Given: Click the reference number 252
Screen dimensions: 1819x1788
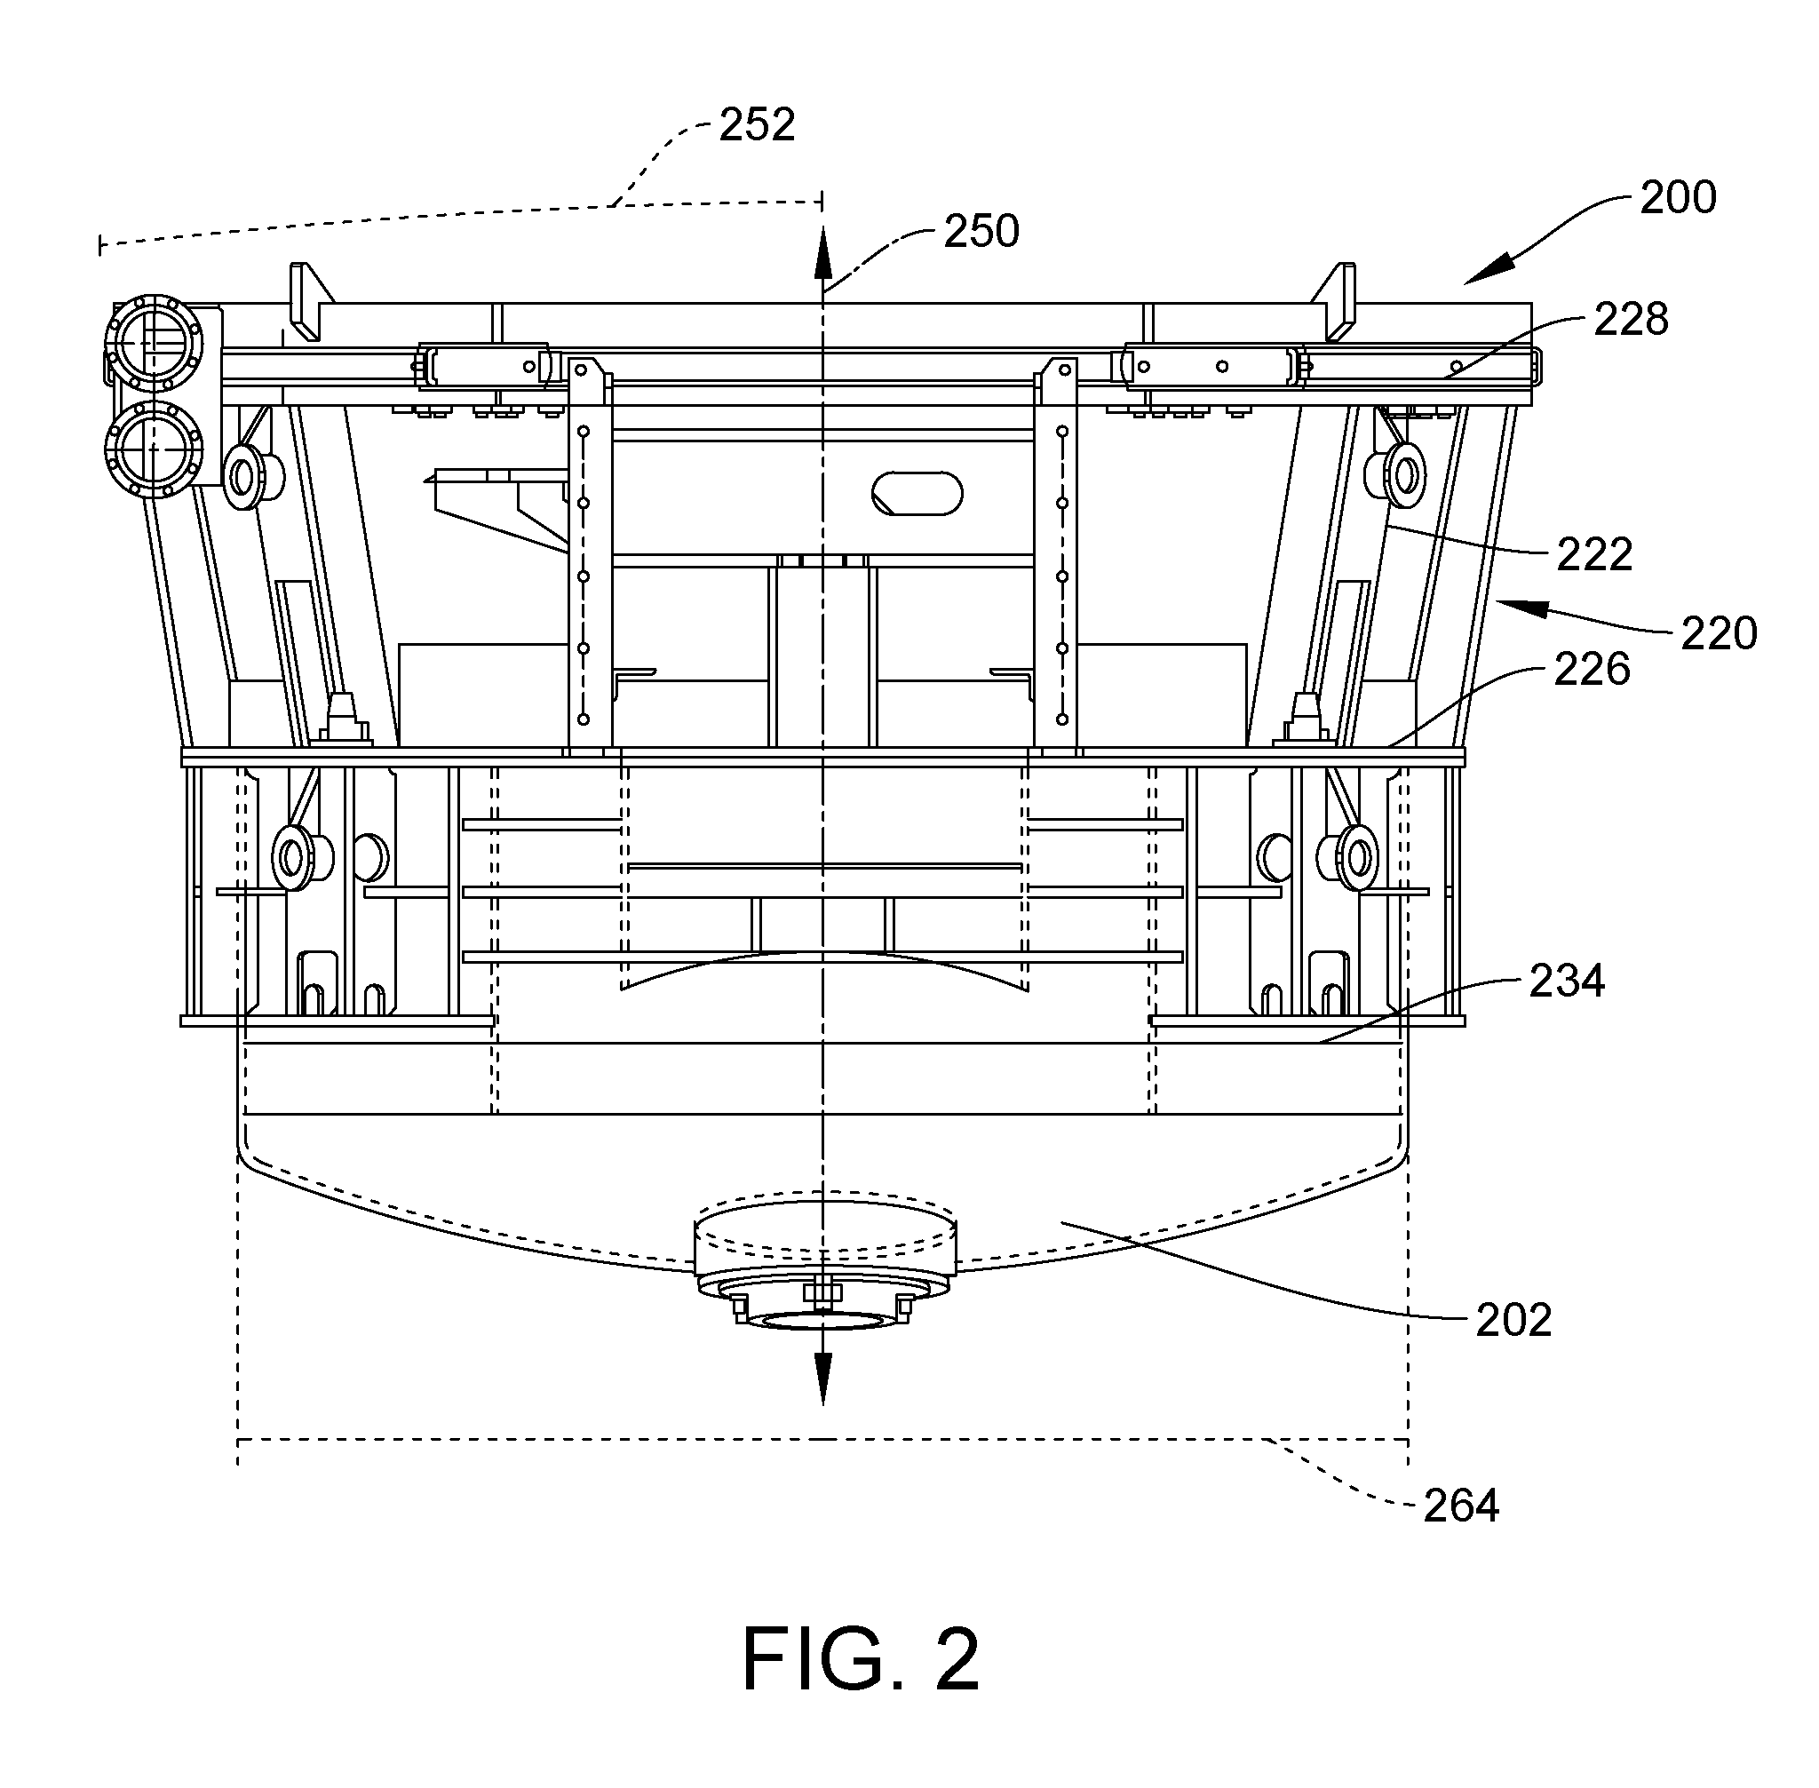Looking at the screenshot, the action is coord(757,125).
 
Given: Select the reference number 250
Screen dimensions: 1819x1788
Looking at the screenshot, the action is coord(981,231).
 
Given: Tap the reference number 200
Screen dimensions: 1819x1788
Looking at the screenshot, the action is coord(1678,197).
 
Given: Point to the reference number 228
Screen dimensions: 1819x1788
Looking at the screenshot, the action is coord(1630,319).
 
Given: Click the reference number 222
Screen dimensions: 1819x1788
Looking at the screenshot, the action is coord(1594,555).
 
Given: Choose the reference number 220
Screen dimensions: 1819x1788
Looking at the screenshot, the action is coord(1719,634).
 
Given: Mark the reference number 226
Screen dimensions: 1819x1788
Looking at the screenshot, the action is coord(1592,670).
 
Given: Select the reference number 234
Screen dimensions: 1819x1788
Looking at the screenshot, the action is coord(1568,981).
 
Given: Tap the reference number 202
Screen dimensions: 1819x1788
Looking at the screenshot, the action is coord(1513,1320).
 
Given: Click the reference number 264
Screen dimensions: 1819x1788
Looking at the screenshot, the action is coord(1461,1506).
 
